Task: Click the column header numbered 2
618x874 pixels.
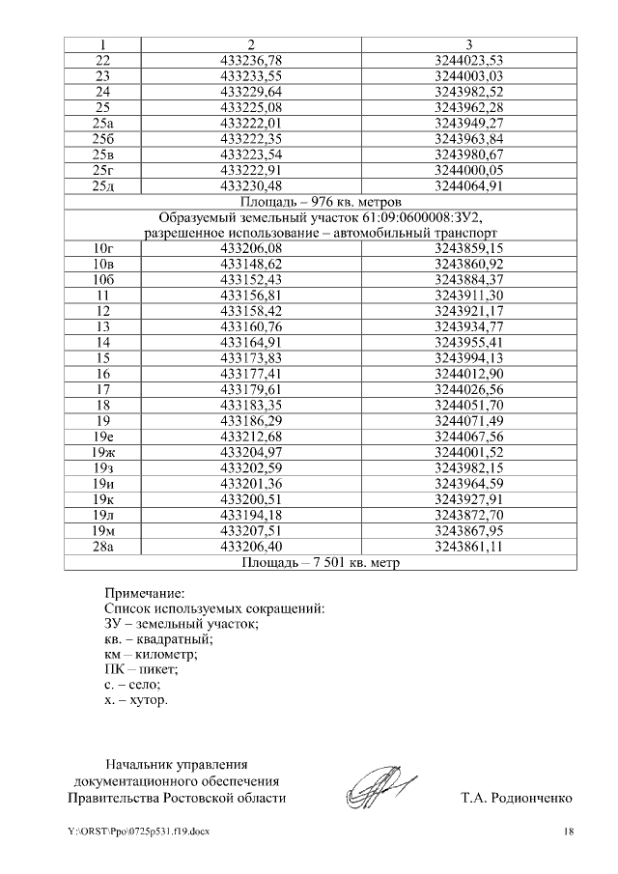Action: pos(251,44)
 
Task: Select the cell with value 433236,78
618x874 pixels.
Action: pos(251,60)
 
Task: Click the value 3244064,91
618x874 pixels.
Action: pos(469,185)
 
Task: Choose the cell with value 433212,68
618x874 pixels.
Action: pos(251,436)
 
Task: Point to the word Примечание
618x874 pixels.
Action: pos(144,592)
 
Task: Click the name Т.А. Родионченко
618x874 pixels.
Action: pos(518,799)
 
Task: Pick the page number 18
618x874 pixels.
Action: pos(569,832)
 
